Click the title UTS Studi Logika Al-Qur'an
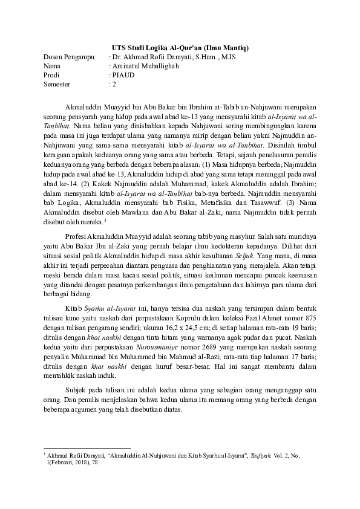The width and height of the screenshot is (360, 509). click(x=180, y=47)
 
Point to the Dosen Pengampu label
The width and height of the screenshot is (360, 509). click(x=65, y=57)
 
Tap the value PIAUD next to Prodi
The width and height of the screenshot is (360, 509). click(x=120, y=75)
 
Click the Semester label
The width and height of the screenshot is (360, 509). click(x=57, y=84)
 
